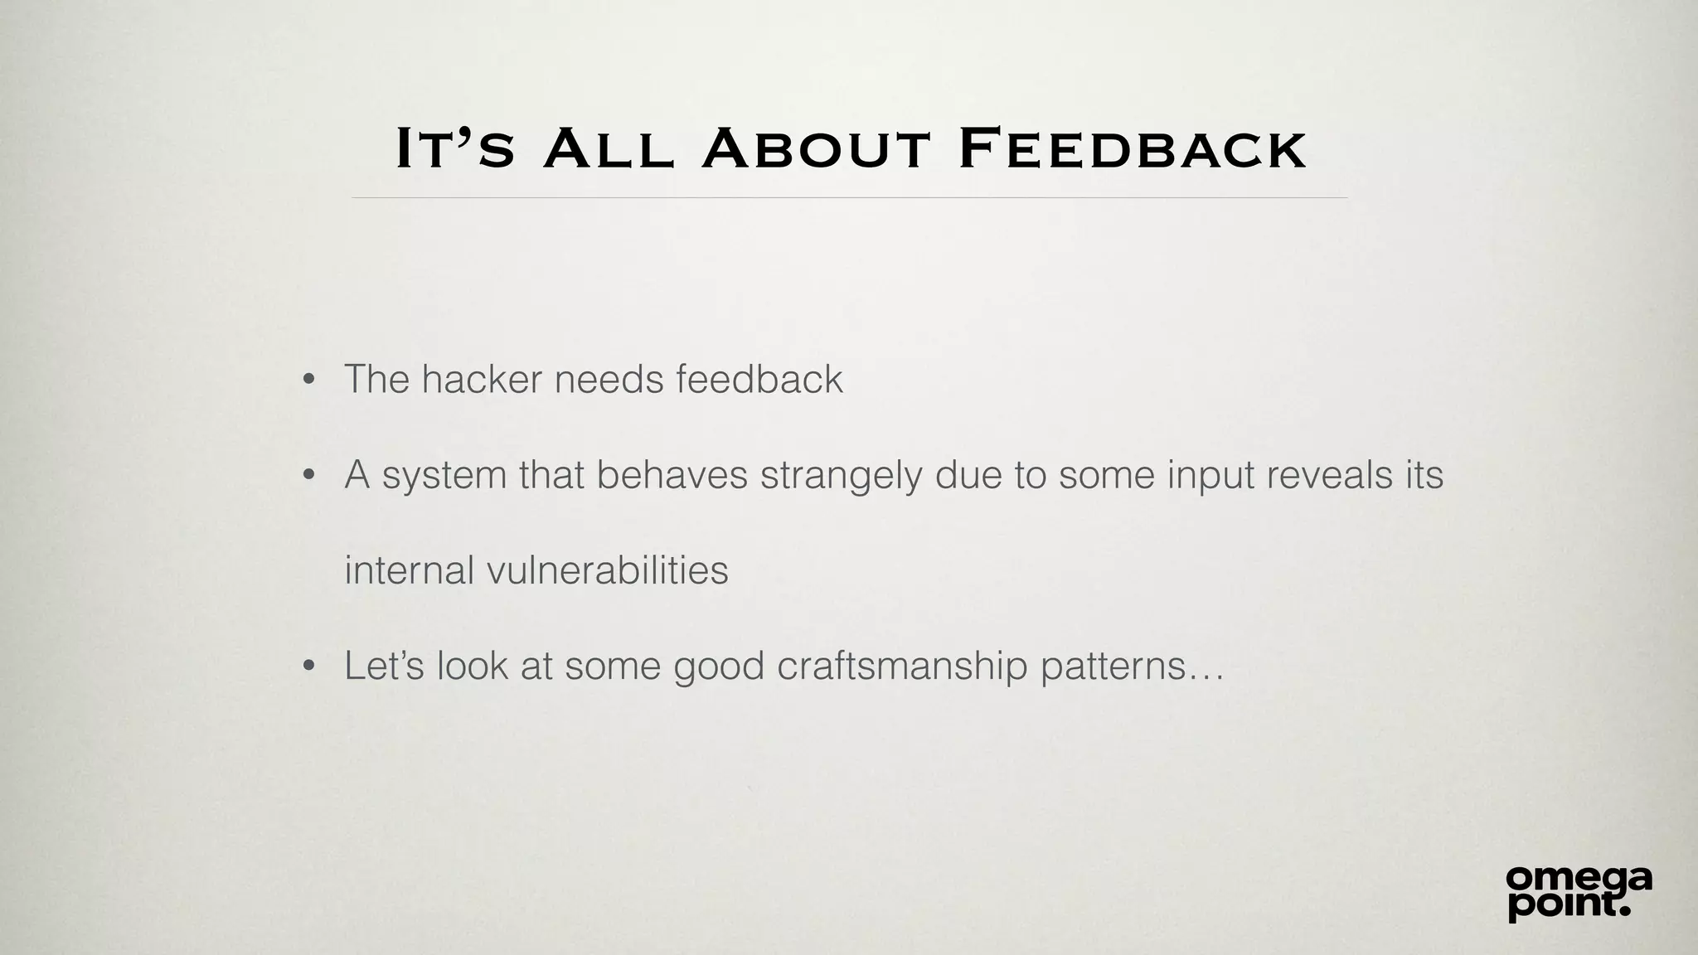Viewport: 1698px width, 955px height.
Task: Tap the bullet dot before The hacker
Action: [309, 381]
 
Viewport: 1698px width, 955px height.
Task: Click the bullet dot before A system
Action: [309, 476]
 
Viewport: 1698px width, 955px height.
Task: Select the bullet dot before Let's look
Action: [309, 667]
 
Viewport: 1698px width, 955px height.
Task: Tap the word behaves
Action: [672, 475]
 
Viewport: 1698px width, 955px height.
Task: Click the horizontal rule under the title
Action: [849, 198]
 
